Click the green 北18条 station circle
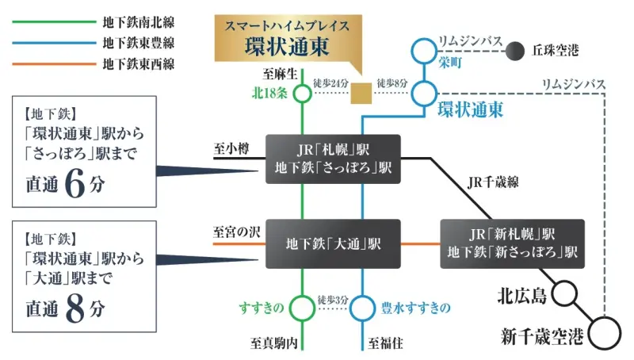click(x=302, y=94)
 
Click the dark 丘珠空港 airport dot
click(x=517, y=52)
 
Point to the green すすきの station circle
click(x=302, y=306)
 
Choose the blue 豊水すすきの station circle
click(x=362, y=306)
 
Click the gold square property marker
click(x=361, y=94)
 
